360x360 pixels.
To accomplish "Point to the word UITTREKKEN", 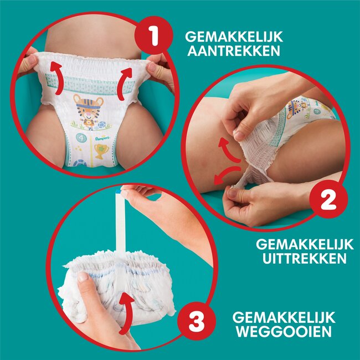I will [302, 258].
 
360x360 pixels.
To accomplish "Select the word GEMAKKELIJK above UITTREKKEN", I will [302, 243].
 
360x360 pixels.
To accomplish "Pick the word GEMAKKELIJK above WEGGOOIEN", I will [284, 317].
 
